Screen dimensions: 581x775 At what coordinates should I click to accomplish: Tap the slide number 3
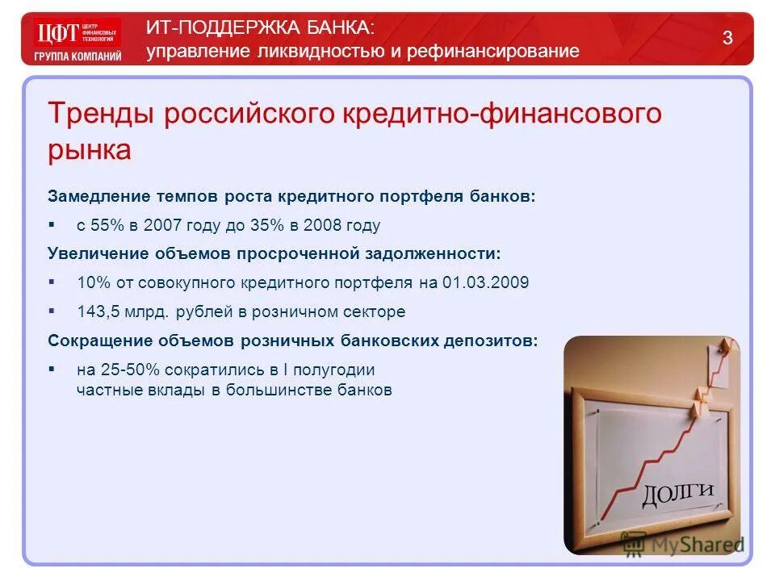click(x=727, y=38)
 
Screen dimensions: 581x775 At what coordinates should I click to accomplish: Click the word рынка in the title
click(x=89, y=149)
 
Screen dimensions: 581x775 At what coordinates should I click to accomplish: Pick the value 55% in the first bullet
click(x=112, y=226)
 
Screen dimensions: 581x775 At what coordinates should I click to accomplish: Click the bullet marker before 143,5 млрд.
click(x=52, y=309)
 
